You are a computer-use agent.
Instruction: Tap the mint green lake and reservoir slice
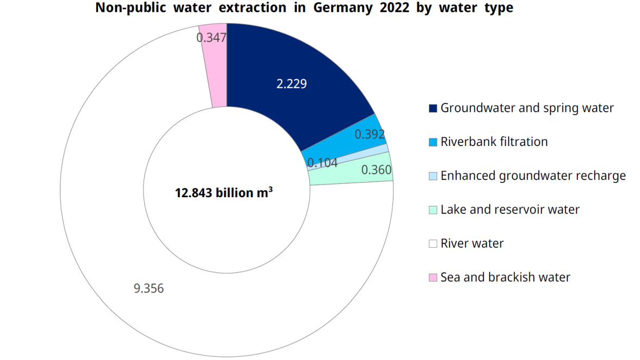[x=348, y=175]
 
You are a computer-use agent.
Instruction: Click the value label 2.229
[x=292, y=84]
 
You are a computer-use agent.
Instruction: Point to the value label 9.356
[x=149, y=289]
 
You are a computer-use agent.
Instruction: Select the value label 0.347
[x=211, y=38]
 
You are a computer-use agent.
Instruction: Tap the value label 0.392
[x=370, y=134]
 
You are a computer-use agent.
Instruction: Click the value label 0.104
[x=322, y=162]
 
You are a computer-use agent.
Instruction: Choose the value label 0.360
[x=376, y=170]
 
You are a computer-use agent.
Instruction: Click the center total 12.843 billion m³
[x=224, y=193]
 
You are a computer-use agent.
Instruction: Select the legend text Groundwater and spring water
[x=527, y=108]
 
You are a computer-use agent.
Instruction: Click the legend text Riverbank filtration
[x=494, y=142]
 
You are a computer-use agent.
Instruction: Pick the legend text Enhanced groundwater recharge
[x=533, y=176]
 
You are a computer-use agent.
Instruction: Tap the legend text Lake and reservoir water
[x=509, y=210]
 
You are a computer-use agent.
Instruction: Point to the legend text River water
[x=472, y=243]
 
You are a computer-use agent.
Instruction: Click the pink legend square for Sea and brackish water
[x=433, y=278]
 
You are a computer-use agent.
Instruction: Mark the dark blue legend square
[x=433, y=108]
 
